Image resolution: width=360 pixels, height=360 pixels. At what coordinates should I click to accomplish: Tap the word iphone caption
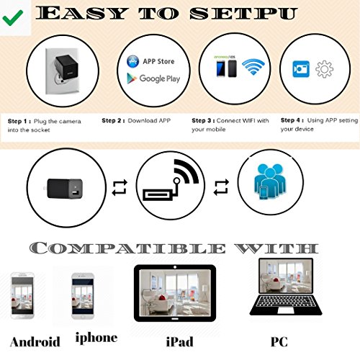pos(96,336)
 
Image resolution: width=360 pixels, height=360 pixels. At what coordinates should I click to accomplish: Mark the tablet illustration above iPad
pos(175,292)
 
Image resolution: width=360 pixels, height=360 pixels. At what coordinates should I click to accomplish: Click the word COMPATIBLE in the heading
pos(130,248)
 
